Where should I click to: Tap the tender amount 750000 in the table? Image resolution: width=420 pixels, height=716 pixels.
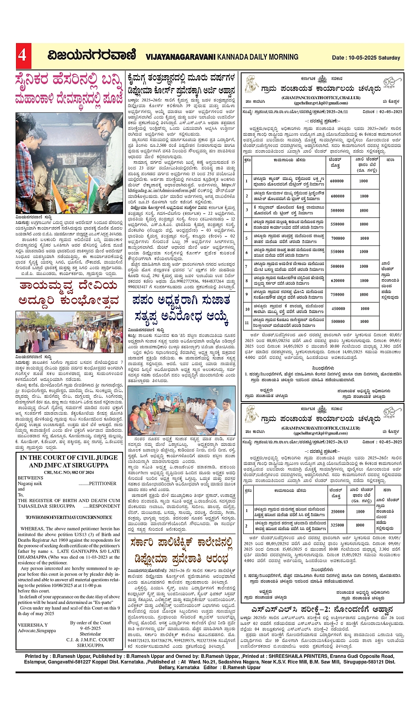click(337, 294)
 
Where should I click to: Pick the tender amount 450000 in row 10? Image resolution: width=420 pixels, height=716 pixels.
click(337, 309)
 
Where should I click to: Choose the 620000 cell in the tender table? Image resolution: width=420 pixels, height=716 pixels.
click(337, 281)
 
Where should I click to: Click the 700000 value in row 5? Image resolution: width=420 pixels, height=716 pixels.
click(337, 238)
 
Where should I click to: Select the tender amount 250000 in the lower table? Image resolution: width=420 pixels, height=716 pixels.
click(337, 511)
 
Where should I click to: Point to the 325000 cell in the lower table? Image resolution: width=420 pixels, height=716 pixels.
click(337, 525)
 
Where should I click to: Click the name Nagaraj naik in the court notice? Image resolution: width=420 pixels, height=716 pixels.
click(30, 483)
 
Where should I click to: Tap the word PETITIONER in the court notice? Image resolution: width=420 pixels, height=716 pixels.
click(103, 483)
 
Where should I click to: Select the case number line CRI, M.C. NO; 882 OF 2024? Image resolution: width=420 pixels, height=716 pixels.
click(69, 472)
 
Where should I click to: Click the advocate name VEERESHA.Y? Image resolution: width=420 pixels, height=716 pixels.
click(33, 625)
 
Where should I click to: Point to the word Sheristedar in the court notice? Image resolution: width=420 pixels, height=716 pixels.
click(90, 634)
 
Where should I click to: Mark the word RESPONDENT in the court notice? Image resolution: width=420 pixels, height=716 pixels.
click(105, 506)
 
